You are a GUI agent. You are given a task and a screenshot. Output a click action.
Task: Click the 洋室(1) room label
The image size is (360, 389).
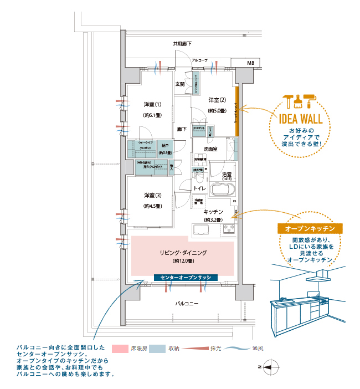point(152,104)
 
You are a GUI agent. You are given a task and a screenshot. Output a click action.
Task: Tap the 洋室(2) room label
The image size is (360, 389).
point(217,100)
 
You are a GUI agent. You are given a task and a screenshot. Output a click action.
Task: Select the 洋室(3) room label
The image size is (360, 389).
point(152,195)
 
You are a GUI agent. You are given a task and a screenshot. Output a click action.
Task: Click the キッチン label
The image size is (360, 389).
point(213,212)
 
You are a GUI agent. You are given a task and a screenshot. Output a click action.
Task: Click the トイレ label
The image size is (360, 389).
point(199,188)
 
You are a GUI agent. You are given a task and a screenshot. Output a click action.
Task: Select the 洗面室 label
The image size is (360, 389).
point(210,149)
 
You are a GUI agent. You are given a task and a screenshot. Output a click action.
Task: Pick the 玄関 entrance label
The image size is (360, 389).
point(180,84)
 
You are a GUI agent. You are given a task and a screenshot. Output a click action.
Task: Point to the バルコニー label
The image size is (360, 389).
point(187,304)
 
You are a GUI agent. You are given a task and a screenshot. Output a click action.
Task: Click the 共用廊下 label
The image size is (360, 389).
point(182,44)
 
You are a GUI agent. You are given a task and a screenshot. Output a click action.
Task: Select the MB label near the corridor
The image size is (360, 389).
point(250,63)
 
